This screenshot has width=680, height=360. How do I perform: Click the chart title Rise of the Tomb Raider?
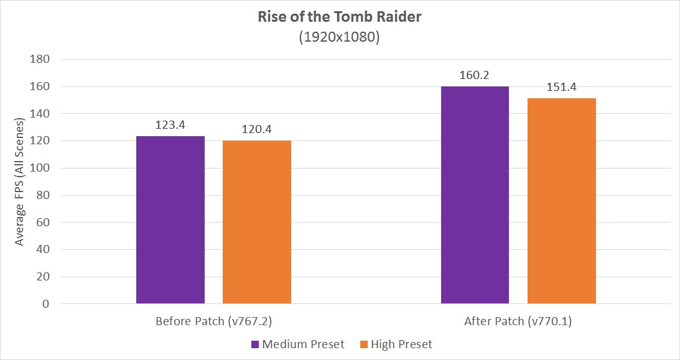pyautogui.click(x=340, y=17)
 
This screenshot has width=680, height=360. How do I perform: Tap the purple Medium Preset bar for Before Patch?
pyautogui.click(x=170, y=220)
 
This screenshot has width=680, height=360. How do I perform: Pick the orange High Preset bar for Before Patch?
pyautogui.click(x=256, y=222)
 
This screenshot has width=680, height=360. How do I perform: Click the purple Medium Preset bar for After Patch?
pyautogui.click(x=475, y=195)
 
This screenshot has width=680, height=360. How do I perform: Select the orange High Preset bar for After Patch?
pyautogui.click(x=561, y=201)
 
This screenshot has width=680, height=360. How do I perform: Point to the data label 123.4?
pyautogui.click(x=170, y=124)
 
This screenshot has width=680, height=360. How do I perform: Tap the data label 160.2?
pyautogui.click(x=475, y=75)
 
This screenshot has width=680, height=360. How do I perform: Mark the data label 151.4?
pyautogui.click(x=561, y=86)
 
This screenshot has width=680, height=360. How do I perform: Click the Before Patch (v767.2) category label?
pyautogui.click(x=213, y=322)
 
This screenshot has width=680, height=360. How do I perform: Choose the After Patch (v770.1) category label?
pyautogui.click(x=518, y=322)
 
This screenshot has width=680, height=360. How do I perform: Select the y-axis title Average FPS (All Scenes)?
pyautogui.click(x=20, y=182)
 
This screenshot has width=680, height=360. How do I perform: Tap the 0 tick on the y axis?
pyautogui.click(x=46, y=304)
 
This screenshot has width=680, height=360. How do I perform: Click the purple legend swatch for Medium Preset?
pyautogui.click(x=254, y=344)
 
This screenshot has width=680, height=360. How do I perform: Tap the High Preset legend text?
pyautogui.click(x=401, y=344)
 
